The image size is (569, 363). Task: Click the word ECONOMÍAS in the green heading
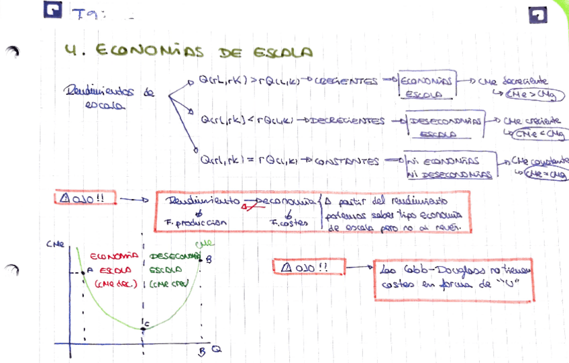[151, 52]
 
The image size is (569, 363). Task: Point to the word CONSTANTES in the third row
[347, 161]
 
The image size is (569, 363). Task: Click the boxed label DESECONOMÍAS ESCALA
[446, 127]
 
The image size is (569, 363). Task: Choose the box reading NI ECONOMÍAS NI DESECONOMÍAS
[448, 167]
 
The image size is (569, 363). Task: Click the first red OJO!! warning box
[86, 199]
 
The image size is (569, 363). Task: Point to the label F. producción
[195, 223]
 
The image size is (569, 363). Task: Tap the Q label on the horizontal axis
[216, 350]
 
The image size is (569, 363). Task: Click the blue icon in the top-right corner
[538, 15]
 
